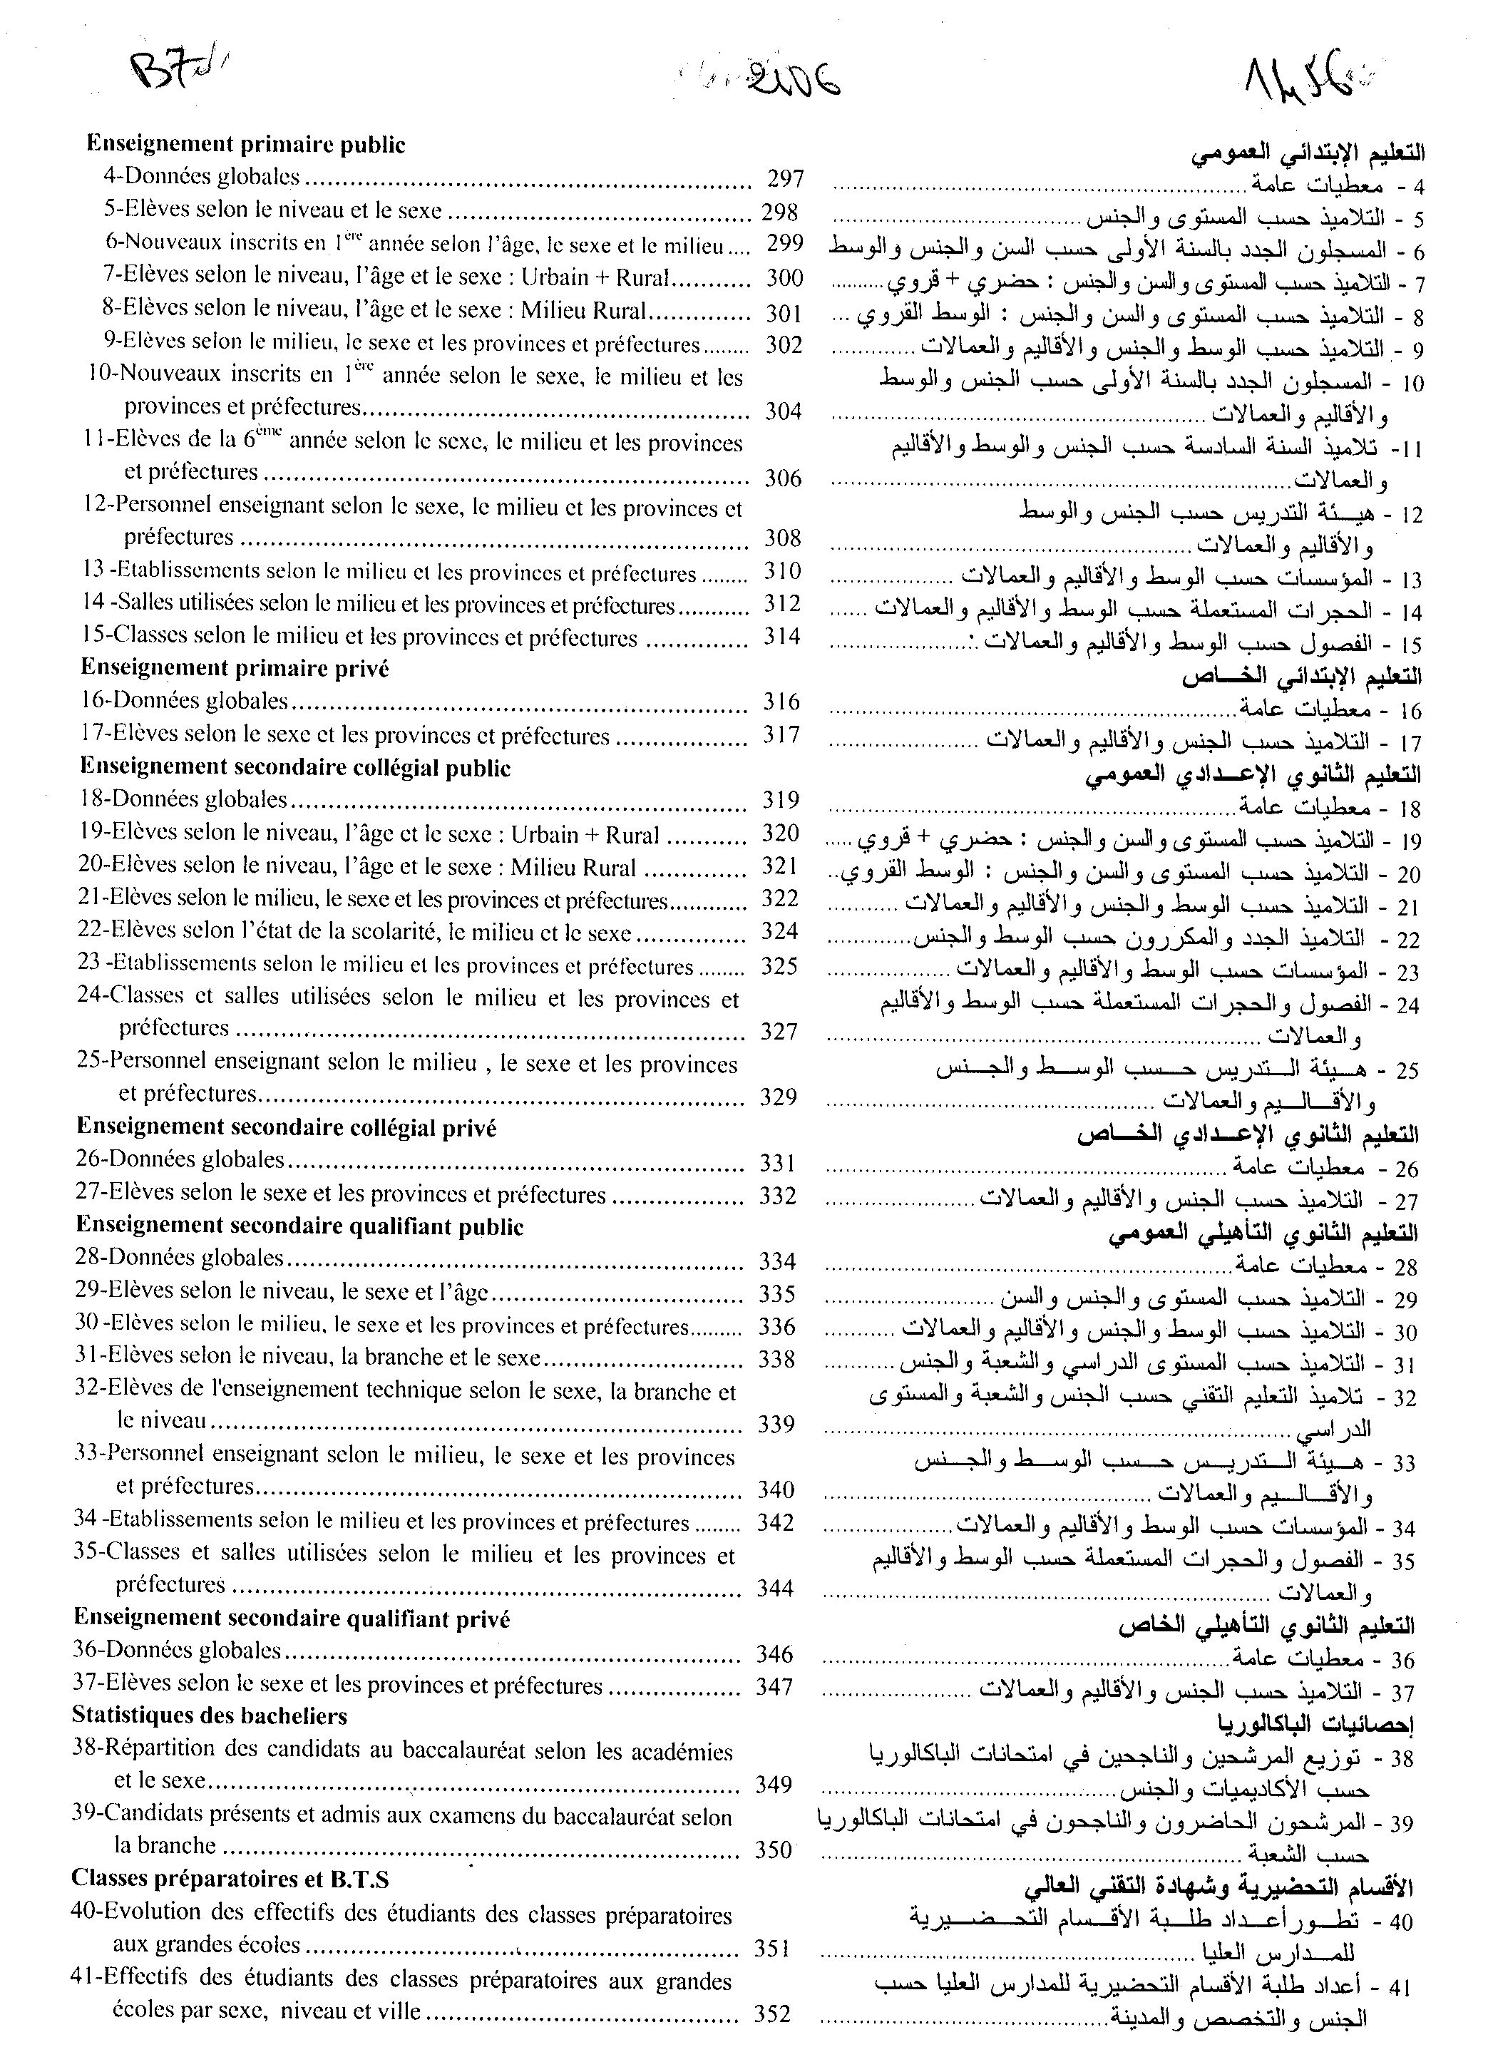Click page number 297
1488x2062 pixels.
point(784,178)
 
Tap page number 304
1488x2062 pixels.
point(783,412)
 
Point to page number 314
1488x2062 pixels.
point(781,637)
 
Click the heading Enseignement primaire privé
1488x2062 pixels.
point(235,668)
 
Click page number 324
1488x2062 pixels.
point(780,931)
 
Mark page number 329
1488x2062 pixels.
point(778,1097)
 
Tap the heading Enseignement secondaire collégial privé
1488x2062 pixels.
point(287,1127)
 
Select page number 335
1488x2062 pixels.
point(777,1294)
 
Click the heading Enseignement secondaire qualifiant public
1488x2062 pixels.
point(300,1226)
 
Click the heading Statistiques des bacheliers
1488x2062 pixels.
point(210,1716)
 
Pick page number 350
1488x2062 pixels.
point(774,1850)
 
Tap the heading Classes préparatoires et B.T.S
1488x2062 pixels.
point(230,1879)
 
